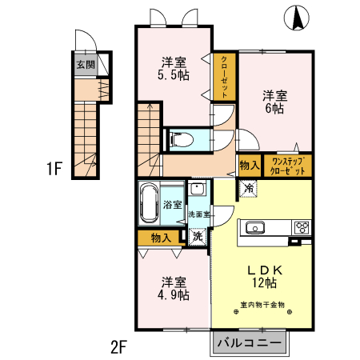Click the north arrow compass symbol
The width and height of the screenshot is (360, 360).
(x=297, y=18)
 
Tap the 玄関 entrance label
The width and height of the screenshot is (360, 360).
(x=86, y=64)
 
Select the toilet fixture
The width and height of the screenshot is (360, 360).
(x=182, y=140)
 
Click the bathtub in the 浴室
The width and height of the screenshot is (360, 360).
(x=149, y=202)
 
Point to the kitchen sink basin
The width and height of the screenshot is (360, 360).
(x=255, y=228)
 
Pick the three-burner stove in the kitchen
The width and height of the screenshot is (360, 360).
(x=302, y=227)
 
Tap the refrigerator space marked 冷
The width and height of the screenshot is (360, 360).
(x=249, y=188)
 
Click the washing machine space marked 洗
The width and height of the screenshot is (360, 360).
(x=198, y=237)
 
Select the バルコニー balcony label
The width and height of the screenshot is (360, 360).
(x=250, y=342)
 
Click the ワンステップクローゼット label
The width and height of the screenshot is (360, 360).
(x=287, y=166)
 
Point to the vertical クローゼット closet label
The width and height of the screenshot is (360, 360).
(x=224, y=77)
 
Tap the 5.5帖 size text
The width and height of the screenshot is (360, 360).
(x=174, y=75)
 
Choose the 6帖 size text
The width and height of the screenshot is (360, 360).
(x=274, y=108)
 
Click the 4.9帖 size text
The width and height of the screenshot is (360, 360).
(x=174, y=295)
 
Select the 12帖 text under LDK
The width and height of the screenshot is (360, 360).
(x=265, y=283)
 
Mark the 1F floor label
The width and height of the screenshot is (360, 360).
(x=54, y=169)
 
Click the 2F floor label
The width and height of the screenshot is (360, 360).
(x=118, y=346)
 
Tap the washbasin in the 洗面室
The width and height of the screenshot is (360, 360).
(x=197, y=189)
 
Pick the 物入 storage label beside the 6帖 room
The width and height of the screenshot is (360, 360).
(x=250, y=166)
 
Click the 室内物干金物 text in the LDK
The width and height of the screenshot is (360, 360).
(x=262, y=305)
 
